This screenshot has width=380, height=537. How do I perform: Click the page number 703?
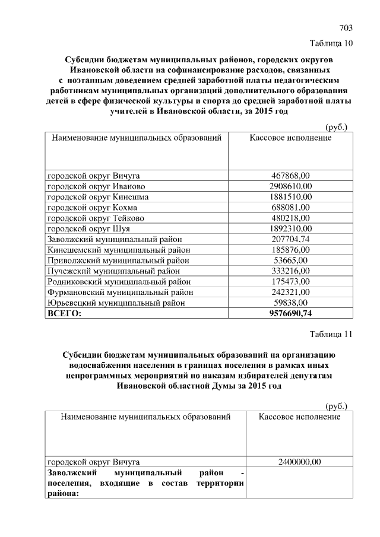point(346,28)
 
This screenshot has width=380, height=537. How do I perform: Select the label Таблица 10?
point(331,43)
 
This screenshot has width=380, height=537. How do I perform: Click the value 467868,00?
point(290,175)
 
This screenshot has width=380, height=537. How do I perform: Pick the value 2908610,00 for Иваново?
point(290,186)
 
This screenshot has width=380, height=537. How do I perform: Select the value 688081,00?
point(290,207)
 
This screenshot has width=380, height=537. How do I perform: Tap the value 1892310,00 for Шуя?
point(290,228)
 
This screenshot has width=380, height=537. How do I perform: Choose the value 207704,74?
point(290,239)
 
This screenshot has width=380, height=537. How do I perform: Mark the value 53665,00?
point(290,260)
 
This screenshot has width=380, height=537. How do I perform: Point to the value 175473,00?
point(290,282)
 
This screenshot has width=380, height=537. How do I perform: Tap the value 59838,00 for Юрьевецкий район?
point(290,303)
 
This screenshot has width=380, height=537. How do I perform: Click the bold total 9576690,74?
point(290,313)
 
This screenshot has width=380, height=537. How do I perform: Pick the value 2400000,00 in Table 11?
point(299,461)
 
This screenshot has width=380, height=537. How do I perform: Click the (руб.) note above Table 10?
point(337,126)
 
